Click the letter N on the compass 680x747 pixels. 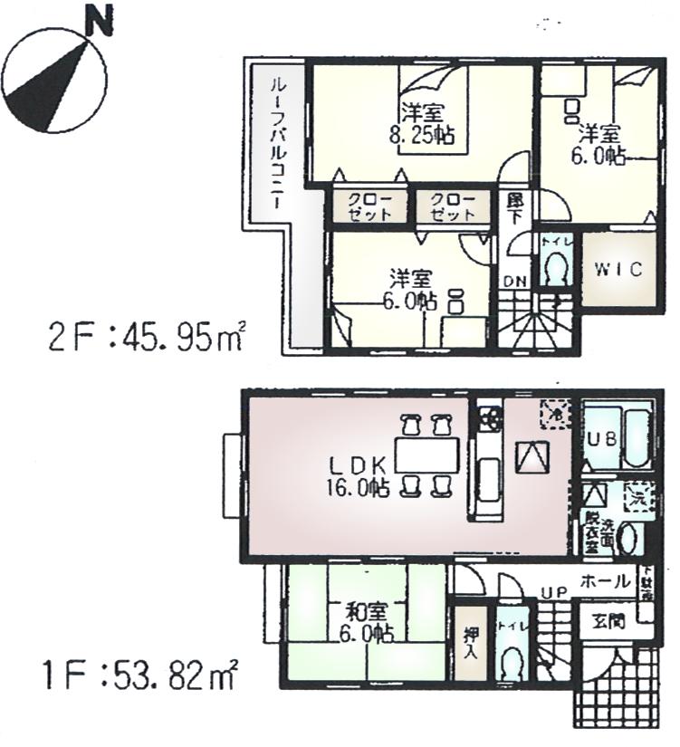(x=101, y=21)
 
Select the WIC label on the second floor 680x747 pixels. (x=618, y=270)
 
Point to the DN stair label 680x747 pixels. (x=514, y=282)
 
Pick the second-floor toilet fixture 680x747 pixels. (x=554, y=268)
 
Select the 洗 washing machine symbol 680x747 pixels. (x=638, y=495)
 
